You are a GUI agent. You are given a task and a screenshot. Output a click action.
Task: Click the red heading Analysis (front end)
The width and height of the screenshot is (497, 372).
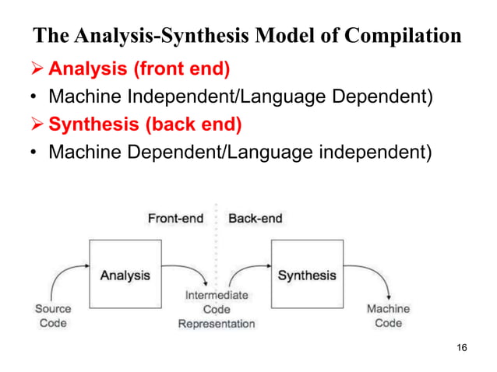(x=139, y=70)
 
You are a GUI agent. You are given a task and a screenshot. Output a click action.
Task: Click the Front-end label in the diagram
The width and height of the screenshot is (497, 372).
(x=175, y=219)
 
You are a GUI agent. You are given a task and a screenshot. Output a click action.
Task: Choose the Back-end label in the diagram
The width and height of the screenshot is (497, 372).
(x=255, y=219)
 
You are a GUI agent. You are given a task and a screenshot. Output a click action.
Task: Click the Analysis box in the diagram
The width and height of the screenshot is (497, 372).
(x=125, y=274)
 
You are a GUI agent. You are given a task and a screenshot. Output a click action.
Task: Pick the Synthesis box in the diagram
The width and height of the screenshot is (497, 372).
(x=307, y=274)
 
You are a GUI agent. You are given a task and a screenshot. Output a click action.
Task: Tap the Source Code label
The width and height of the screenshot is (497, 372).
(x=53, y=315)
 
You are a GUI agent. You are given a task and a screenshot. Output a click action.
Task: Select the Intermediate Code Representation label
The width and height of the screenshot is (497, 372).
(x=217, y=309)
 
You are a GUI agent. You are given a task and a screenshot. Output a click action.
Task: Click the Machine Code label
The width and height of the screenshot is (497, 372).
(x=388, y=315)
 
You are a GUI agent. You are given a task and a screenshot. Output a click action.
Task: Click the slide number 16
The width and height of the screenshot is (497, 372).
(x=461, y=347)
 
